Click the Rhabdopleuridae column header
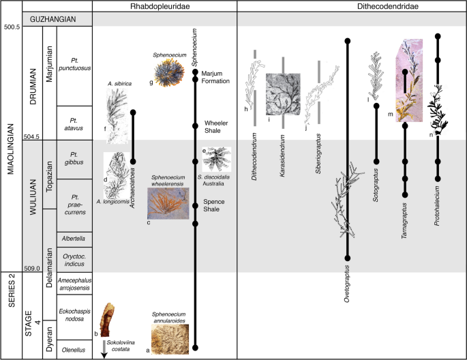point(164,6)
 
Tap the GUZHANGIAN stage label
point(58,20)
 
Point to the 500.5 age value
point(12,27)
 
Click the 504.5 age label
point(12,137)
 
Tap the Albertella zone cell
point(73,239)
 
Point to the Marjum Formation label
point(220,78)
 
